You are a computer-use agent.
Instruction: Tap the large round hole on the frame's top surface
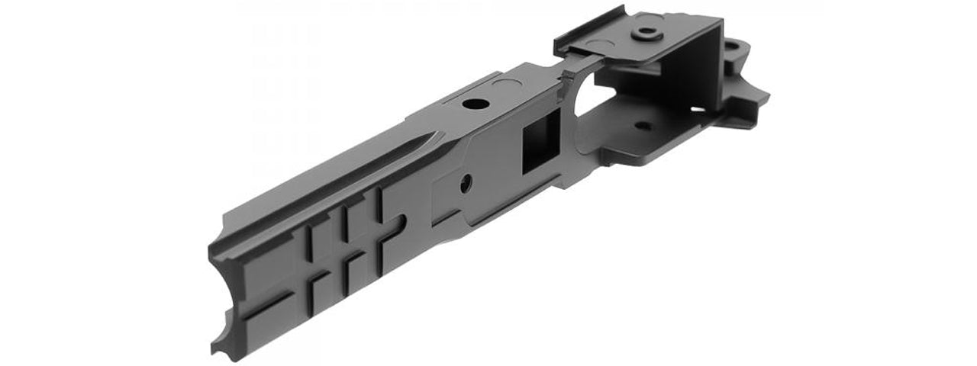coord(474,104)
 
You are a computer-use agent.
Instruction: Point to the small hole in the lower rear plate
coord(643,126)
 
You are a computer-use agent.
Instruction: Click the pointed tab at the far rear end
coord(762,97)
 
